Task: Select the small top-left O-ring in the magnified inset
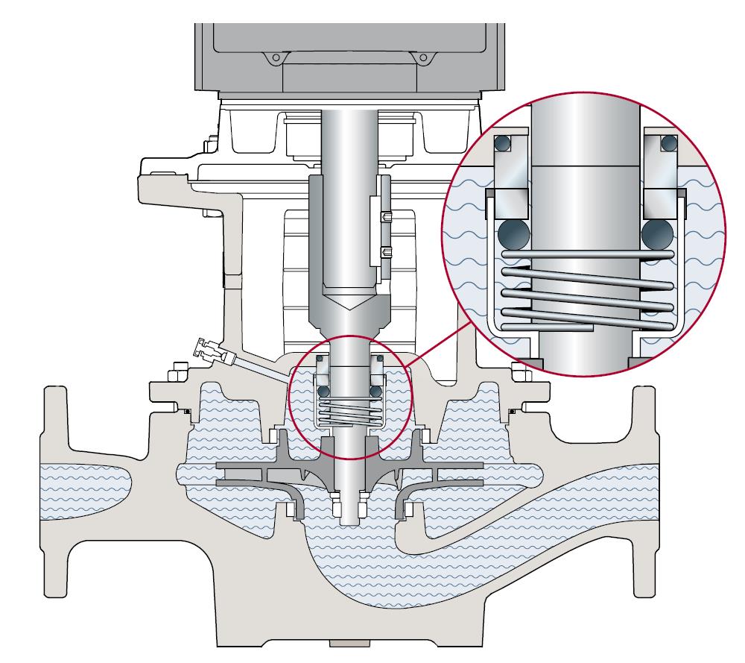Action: [x=505, y=143]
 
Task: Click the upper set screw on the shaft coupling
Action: [x=385, y=217]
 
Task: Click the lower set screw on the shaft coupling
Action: [x=385, y=251]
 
